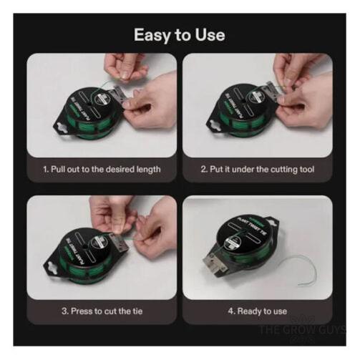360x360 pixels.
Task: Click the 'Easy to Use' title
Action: [x=180, y=34]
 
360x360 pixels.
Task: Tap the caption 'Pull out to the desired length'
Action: [x=101, y=169]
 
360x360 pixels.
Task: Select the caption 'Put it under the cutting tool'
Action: [x=257, y=169]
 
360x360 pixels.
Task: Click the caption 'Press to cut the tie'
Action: [x=101, y=311]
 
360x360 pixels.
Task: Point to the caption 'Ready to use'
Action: [x=257, y=311]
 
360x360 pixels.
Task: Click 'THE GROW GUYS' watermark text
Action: [x=301, y=330]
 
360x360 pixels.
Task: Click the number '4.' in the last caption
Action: [x=231, y=311]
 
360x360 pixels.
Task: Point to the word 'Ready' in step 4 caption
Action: [x=250, y=311]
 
